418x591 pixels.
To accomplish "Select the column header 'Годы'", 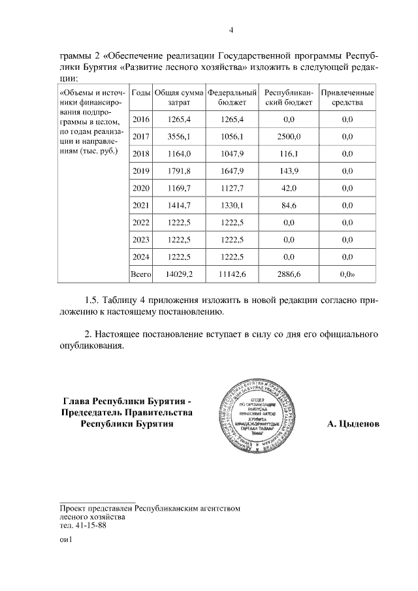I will [141, 93].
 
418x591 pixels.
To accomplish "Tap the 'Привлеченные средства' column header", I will [347, 98].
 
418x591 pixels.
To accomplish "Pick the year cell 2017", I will [141, 136].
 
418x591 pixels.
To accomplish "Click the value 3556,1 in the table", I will [178, 136].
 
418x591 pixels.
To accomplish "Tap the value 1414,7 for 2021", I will [178, 206].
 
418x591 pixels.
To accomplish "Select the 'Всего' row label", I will [141, 275].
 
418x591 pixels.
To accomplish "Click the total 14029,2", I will [178, 275].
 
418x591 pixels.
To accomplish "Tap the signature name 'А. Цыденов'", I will [352, 424].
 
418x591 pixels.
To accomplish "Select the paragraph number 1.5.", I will [93, 300].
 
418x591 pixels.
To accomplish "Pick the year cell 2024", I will [141, 257].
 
